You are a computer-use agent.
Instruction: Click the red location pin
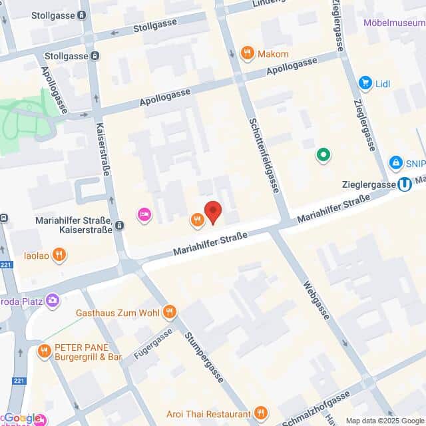point(212,212)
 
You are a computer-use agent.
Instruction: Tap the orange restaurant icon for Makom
point(248,53)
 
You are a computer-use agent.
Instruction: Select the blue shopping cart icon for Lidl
point(365,83)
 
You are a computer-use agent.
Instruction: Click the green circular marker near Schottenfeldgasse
point(323,155)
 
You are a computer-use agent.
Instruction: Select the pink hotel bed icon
point(143,214)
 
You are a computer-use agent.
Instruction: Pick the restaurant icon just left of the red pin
point(196,220)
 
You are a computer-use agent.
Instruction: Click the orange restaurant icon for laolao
point(60,254)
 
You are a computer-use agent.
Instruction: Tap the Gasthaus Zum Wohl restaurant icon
point(170,311)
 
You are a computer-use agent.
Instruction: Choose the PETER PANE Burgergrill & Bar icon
point(45,351)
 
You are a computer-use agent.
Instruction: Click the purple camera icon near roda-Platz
point(53,302)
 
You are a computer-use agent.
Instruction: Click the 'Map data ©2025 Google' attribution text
point(385,421)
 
